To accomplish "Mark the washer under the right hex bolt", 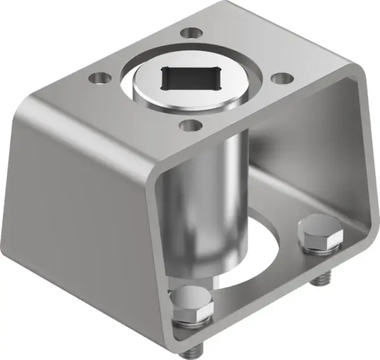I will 320,249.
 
